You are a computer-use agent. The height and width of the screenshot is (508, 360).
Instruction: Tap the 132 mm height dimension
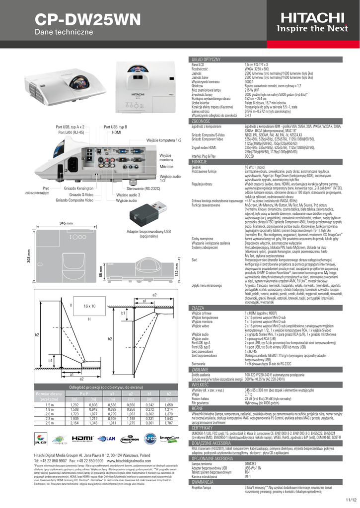(x=176, y=271)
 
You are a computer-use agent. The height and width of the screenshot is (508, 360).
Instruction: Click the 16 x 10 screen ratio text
(x=89, y=306)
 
